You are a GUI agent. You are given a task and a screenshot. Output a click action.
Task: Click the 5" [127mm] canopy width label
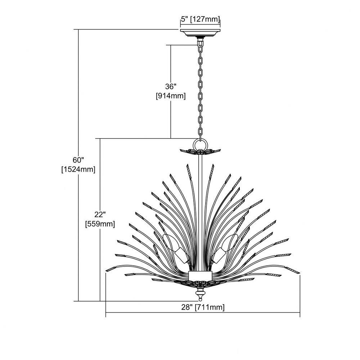click(201, 19)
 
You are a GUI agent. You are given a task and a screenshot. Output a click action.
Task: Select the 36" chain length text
click(171, 86)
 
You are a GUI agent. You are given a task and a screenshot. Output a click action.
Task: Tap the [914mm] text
click(171, 96)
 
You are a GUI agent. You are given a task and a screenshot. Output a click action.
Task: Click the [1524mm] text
click(78, 169)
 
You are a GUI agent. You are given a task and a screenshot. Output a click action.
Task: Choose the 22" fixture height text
click(100, 214)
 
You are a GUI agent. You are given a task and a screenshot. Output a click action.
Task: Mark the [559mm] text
click(100, 224)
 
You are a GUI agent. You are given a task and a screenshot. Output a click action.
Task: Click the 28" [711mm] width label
click(203, 307)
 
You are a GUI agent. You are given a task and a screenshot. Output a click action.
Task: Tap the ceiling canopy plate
click(200, 33)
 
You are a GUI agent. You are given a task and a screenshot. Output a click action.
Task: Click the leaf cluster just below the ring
click(200, 152)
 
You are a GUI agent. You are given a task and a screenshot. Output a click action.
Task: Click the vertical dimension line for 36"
click(171, 91)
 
